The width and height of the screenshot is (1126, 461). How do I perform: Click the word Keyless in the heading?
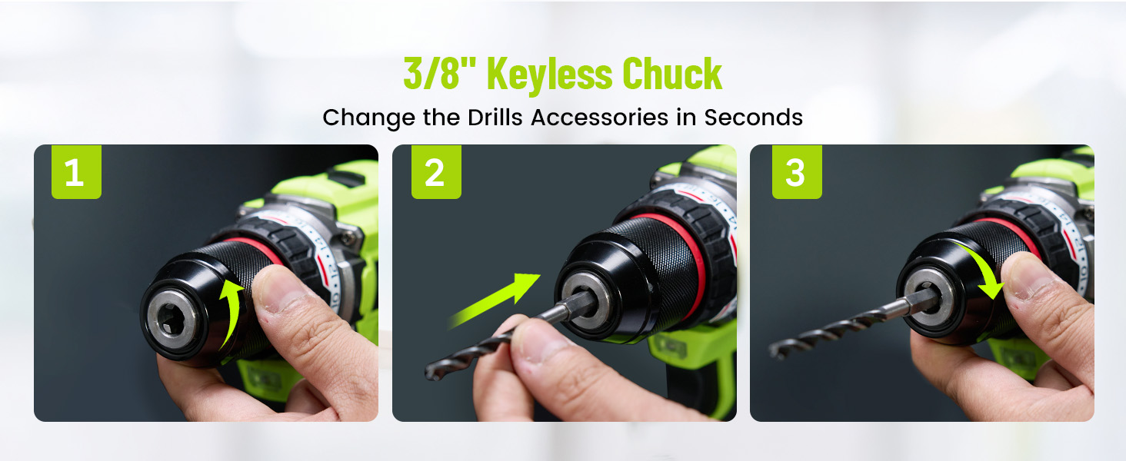(x=549, y=75)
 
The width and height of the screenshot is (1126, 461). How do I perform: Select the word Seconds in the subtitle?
(x=753, y=117)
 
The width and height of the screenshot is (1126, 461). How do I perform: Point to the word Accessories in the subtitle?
(x=600, y=117)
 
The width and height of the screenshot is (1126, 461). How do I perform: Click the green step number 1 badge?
(x=76, y=172)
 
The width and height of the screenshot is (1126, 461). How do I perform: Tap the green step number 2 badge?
(x=436, y=172)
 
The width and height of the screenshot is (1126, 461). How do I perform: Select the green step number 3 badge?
(x=797, y=172)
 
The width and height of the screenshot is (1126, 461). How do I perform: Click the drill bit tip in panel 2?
(x=431, y=373)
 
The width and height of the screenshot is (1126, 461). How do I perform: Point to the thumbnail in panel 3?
(x=1031, y=275)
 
